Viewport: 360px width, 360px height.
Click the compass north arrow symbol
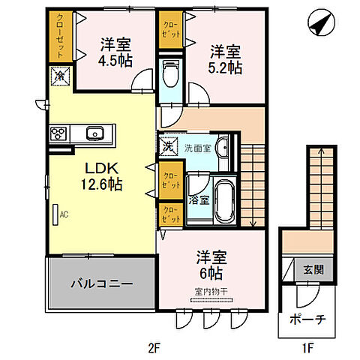320,24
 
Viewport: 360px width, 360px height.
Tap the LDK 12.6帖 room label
97,174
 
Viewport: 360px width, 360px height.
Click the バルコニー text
101,285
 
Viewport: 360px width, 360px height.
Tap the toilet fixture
169,73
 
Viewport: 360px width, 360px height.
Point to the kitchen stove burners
58,135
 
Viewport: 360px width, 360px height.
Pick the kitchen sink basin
94,135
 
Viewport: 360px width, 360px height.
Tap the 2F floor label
154,348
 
